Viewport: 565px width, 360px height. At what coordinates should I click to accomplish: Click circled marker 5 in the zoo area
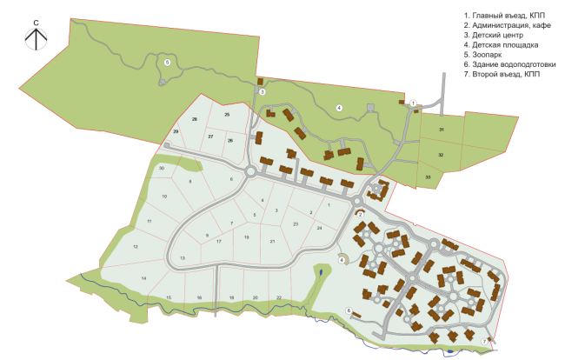click(x=167, y=63)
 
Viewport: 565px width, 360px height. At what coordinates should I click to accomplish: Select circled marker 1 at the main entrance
click(x=413, y=103)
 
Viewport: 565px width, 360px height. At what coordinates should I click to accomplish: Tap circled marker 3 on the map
click(x=262, y=91)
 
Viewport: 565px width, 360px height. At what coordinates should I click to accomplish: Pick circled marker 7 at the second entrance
click(x=484, y=342)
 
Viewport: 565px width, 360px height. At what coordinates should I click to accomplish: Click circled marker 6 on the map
click(x=349, y=310)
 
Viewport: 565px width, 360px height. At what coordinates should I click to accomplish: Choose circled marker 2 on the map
click(x=360, y=214)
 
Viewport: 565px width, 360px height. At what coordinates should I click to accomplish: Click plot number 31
click(x=442, y=130)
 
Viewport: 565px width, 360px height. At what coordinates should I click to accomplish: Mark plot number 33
click(x=428, y=177)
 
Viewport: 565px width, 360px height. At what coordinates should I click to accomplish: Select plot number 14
click(x=144, y=277)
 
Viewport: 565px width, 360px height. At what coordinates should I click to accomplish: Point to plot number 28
click(x=195, y=119)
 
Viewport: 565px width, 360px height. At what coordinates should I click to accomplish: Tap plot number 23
click(x=296, y=224)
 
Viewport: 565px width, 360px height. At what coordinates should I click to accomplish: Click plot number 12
click(x=136, y=247)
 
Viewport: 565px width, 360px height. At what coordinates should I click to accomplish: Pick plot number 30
click(x=162, y=167)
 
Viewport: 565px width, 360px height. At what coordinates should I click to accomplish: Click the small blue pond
click(x=320, y=272)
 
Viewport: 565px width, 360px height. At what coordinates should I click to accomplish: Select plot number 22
click(x=279, y=297)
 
